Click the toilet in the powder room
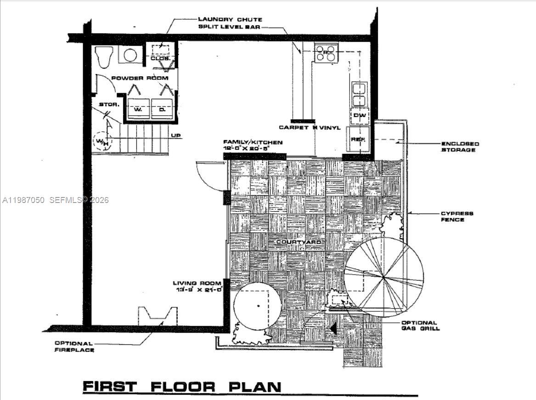pyautogui.click(x=104, y=56)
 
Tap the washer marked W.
pyautogui.click(x=137, y=110)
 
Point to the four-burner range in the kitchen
pyautogui.click(x=326, y=53)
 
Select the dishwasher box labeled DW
pyautogui.click(x=360, y=116)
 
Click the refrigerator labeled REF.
pyautogui.click(x=359, y=139)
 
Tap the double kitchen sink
pyautogui.click(x=359, y=94)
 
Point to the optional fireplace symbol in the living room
pyautogui.click(x=158, y=316)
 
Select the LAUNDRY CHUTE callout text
pyautogui.click(x=230, y=19)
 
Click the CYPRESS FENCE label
pyautogui.click(x=457, y=216)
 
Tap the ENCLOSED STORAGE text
pyautogui.click(x=460, y=146)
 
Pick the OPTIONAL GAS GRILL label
pyautogui.click(x=420, y=325)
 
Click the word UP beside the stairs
pyautogui.click(x=176, y=135)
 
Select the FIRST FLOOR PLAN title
pyautogui.click(x=182, y=387)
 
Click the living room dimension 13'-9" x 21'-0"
pyautogui.click(x=197, y=290)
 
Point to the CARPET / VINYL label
pyautogui.click(x=310, y=128)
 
